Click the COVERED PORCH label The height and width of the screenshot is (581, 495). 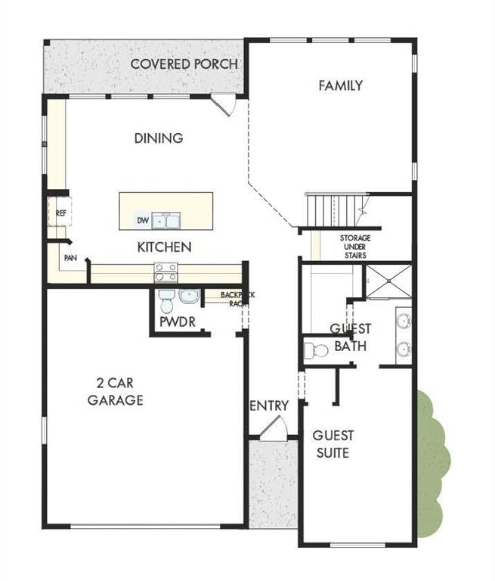184,64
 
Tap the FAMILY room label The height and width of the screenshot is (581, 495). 340,85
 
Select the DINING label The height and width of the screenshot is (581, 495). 159,138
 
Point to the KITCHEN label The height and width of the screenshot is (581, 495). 164,247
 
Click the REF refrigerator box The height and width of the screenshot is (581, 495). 60,213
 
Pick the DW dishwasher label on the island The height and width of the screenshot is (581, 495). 141,221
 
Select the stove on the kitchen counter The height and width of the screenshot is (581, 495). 166,272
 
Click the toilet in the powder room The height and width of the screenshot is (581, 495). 168,302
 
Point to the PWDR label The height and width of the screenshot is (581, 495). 178,322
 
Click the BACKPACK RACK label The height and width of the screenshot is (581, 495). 237,298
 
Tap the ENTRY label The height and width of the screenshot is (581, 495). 269,406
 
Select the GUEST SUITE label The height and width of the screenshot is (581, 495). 333,444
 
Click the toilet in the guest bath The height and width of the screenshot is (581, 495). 315,350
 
